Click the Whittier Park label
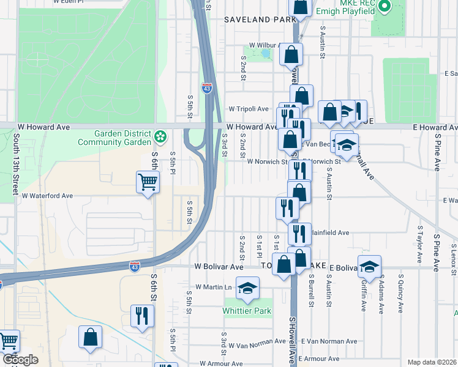click(247, 311)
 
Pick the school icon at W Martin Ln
click(247, 287)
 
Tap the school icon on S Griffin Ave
click(370, 266)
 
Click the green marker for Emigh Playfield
click(384, 7)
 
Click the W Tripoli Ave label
click(249, 109)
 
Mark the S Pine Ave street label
click(437, 245)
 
